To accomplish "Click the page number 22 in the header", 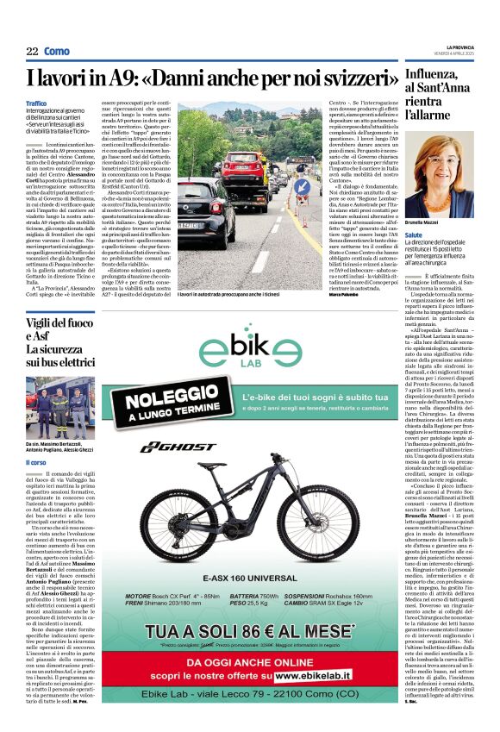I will pos(32,52).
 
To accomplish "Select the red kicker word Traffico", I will pos(36,103).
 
